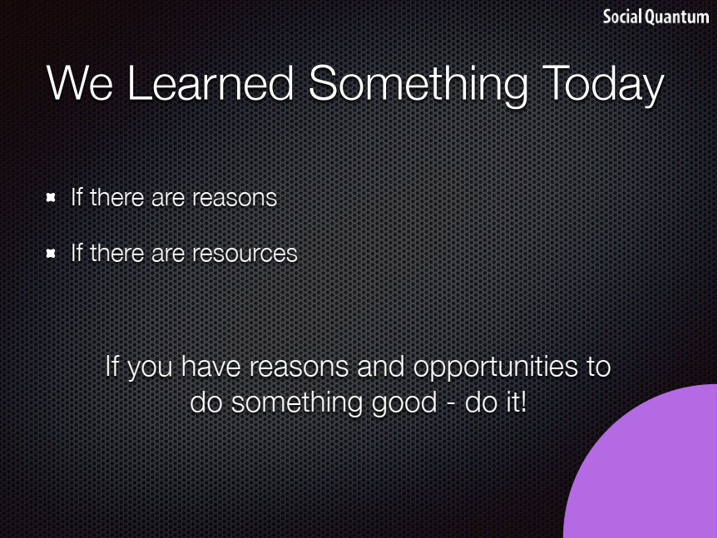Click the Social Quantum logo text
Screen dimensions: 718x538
tap(656, 17)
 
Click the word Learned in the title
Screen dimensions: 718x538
tap(210, 83)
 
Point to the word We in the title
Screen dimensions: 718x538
tap(79, 83)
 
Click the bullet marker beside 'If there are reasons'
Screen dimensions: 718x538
tap(51, 198)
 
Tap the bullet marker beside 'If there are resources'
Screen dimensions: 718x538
tap(51, 253)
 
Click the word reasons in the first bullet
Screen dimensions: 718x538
tap(235, 199)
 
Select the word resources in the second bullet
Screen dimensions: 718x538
tap(245, 254)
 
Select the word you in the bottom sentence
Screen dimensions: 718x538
tap(150, 369)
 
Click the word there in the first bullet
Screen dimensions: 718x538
tap(116, 198)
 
